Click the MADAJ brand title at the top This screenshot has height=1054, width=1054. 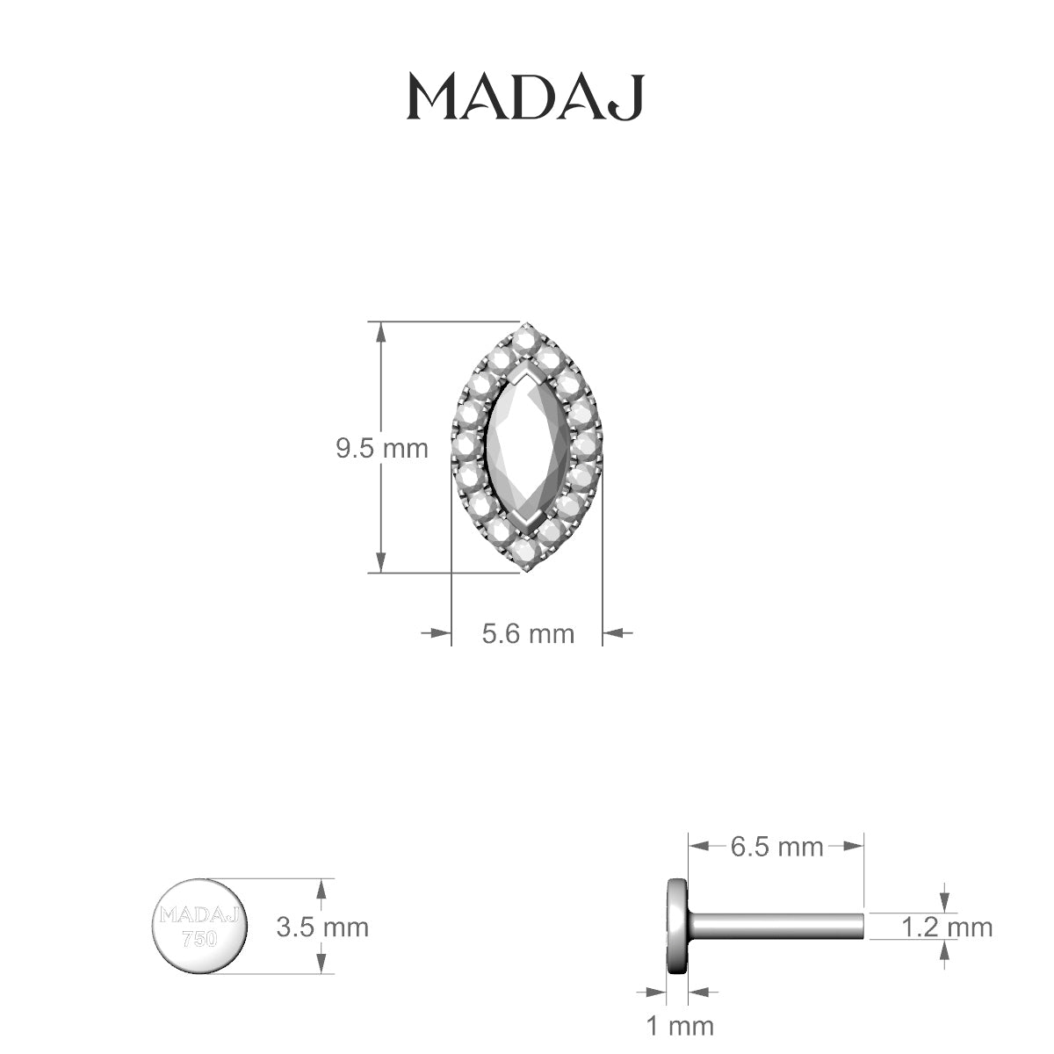(525, 97)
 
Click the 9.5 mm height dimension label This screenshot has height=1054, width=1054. (381, 448)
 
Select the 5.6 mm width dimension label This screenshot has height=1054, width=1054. (527, 632)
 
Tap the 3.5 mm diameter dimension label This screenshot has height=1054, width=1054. (322, 927)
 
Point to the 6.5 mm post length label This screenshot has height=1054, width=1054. (776, 847)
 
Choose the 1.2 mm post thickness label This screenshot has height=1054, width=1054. (947, 927)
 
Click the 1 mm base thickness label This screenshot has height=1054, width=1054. (678, 1025)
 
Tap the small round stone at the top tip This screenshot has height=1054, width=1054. (526, 336)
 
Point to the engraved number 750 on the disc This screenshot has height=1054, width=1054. (199, 938)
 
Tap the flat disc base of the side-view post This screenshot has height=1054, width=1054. (677, 926)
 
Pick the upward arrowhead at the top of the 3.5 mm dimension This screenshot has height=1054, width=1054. (322, 889)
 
